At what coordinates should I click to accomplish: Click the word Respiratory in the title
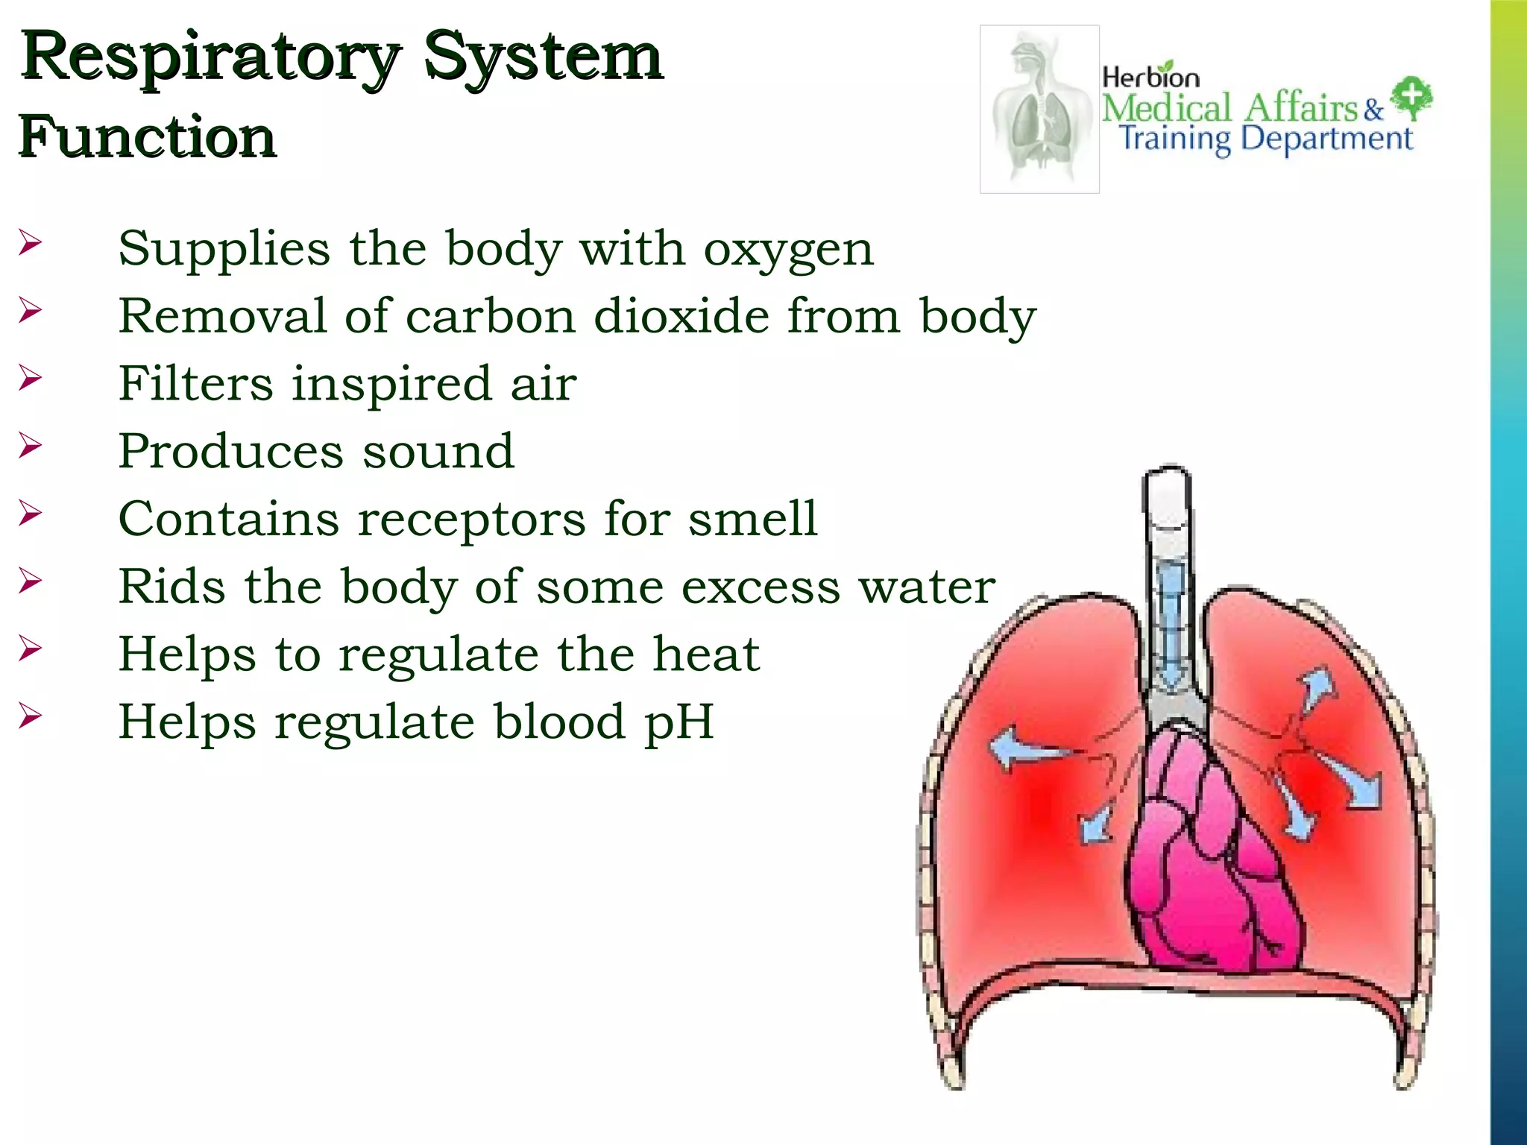[x=210, y=58]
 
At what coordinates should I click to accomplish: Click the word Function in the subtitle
[x=147, y=137]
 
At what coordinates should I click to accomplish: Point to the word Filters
[x=195, y=384]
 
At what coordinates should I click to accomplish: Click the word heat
[x=706, y=654]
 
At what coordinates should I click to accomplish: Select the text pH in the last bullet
[x=679, y=722]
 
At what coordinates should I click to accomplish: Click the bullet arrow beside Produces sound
[x=30, y=446]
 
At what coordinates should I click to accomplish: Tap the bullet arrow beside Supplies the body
[x=30, y=242]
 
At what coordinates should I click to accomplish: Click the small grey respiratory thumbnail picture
[x=1039, y=109]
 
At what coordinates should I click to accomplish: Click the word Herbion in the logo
[x=1150, y=77]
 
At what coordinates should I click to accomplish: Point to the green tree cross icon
[x=1411, y=98]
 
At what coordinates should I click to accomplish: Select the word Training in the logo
[x=1175, y=139]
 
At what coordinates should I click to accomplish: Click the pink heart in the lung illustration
[x=1215, y=857]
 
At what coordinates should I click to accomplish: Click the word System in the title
[x=543, y=58]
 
